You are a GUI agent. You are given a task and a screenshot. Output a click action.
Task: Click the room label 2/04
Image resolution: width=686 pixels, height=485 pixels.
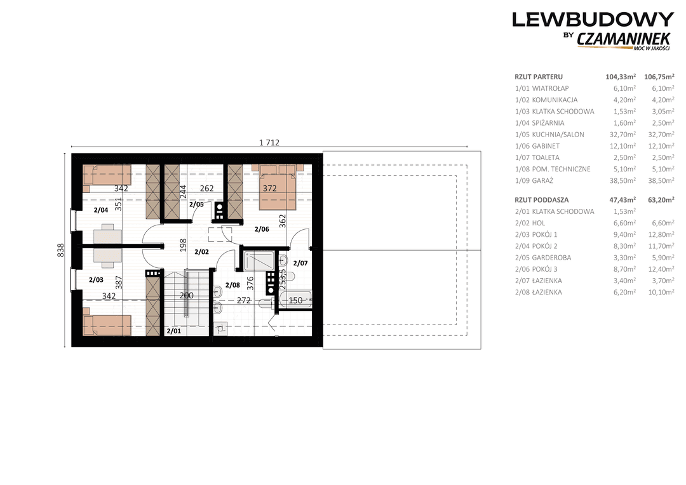click(100, 210)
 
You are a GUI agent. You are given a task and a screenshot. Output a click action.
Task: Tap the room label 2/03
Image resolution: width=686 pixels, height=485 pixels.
click(96, 280)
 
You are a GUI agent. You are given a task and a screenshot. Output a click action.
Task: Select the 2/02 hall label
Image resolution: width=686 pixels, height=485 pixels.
click(201, 251)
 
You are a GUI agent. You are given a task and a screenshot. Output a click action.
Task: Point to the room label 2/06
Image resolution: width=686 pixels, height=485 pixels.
click(262, 229)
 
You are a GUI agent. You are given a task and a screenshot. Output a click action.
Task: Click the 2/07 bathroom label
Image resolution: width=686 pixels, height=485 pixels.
click(300, 263)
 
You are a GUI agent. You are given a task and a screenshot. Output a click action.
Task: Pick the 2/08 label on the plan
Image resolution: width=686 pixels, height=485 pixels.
click(232, 285)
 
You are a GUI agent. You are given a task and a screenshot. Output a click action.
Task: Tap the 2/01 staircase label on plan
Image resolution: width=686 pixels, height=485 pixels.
click(173, 331)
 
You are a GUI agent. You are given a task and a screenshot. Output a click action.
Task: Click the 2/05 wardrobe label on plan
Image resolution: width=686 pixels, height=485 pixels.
click(196, 204)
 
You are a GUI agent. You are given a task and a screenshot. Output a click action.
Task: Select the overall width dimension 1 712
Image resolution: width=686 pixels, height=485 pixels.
click(269, 143)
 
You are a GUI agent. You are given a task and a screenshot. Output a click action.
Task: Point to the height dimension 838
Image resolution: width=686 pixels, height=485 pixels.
click(61, 250)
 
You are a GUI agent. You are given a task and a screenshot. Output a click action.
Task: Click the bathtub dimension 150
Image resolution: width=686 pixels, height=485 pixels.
click(296, 300)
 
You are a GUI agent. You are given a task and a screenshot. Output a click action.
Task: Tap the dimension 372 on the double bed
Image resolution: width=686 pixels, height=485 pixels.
click(269, 189)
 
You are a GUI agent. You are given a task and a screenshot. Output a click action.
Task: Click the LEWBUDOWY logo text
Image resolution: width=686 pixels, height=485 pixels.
click(593, 20)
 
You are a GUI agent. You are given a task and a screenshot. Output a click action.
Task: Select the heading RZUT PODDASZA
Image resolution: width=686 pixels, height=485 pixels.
click(542, 201)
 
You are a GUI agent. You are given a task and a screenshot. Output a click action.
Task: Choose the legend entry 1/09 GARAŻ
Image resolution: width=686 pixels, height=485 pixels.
click(534, 181)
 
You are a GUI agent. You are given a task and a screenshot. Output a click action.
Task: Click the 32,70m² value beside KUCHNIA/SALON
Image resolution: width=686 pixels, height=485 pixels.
click(624, 135)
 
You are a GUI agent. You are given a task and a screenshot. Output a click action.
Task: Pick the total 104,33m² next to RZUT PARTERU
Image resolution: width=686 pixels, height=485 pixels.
click(621, 77)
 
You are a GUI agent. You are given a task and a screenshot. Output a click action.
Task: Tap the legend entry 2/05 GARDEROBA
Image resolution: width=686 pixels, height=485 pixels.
click(543, 258)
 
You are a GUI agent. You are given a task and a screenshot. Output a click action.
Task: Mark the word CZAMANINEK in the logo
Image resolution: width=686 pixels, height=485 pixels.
click(624, 39)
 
